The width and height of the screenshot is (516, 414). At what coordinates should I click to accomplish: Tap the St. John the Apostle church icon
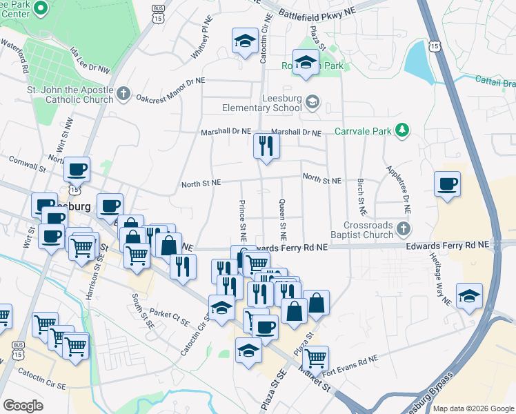tap(123, 93)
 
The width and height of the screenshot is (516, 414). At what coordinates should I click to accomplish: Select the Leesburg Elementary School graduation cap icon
tap(312, 102)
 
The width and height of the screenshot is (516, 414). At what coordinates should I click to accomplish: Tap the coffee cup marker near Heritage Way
tap(447, 184)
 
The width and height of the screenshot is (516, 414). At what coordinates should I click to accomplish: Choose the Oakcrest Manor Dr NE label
tap(170, 90)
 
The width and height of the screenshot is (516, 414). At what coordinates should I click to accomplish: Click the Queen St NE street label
tap(282, 214)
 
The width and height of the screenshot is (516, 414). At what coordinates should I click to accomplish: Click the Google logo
tap(23, 405)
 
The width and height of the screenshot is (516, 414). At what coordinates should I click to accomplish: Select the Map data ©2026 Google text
tap(473, 408)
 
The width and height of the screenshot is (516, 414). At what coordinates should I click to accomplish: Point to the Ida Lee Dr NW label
tap(90, 60)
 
